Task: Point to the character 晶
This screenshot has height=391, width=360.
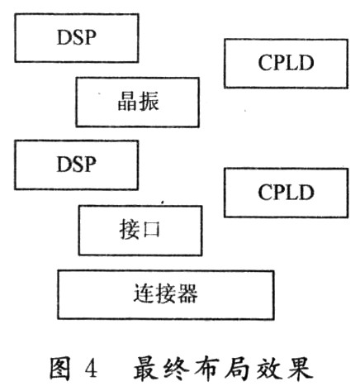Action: point(127,102)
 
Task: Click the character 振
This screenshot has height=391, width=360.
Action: point(149,102)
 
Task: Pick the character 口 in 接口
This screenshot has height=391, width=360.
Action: point(151,230)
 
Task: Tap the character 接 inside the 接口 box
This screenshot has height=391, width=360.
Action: point(130,230)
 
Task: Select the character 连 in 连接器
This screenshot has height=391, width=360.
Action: point(144,293)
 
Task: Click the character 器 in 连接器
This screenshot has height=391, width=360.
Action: point(187,293)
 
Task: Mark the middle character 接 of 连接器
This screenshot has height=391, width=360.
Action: point(166,293)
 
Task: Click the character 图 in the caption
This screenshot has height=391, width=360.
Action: point(60,369)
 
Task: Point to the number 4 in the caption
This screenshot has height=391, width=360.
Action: point(91,369)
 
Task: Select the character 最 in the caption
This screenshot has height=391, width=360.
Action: point(146,369)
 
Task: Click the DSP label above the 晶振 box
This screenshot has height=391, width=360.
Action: point(77,37)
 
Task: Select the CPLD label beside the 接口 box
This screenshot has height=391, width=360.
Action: point(286,193)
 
